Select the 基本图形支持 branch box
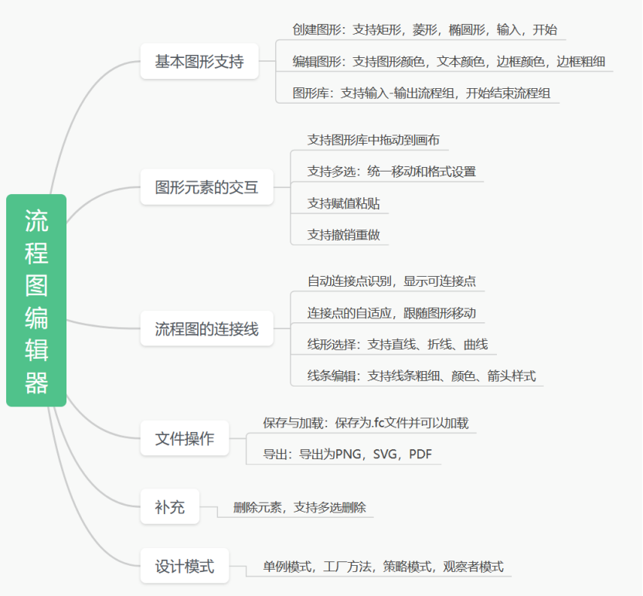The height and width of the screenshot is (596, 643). [x=199, y=62]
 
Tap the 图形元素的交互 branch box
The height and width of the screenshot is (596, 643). [x=206, y=187]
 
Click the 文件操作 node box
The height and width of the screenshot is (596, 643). [x=185, y=439]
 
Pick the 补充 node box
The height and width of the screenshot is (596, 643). [x=169, y=508]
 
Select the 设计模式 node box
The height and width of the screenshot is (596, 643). [x=185, y=566]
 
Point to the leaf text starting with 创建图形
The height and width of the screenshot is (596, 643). [x=424, y=30]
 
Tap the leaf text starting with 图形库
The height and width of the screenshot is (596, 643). [x=421, y=93]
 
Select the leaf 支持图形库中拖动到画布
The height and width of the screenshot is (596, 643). [x=373, y=140]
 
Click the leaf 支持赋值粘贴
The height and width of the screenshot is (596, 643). [x=343, y=203]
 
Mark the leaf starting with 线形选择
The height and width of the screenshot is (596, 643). [x=397, y=345]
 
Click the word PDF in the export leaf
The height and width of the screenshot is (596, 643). [x=420, y=455]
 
